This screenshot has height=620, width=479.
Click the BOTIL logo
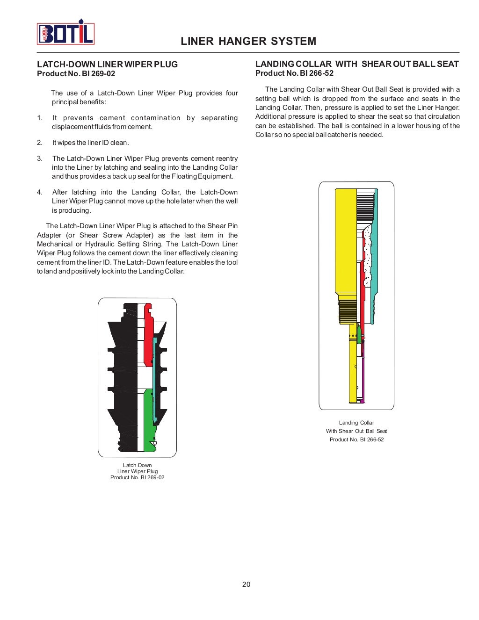click(x=65, y=33)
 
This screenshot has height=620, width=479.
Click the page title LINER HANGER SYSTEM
click(x=248, y=41)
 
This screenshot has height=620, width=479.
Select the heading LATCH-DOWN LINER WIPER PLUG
click(x=107, y=65)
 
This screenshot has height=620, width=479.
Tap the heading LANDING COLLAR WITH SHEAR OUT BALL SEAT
click(x=356, y=64)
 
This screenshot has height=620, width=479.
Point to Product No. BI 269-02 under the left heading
click(x=76, y=74)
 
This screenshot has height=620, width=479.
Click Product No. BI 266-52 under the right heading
click(x=294, y=73)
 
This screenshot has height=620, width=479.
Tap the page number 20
click(x=246, y=584)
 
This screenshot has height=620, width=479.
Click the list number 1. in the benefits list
click(x=40, y=118)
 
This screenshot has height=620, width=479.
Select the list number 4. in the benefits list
click(x=40, y=192)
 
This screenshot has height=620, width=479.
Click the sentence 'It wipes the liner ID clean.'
click(x=90, y=143)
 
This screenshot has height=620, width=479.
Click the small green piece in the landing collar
click(x=359, y=334)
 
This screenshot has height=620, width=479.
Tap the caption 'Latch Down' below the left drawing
click(x=137, y=465)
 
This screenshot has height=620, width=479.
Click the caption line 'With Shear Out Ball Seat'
click(x=356, y=431)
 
